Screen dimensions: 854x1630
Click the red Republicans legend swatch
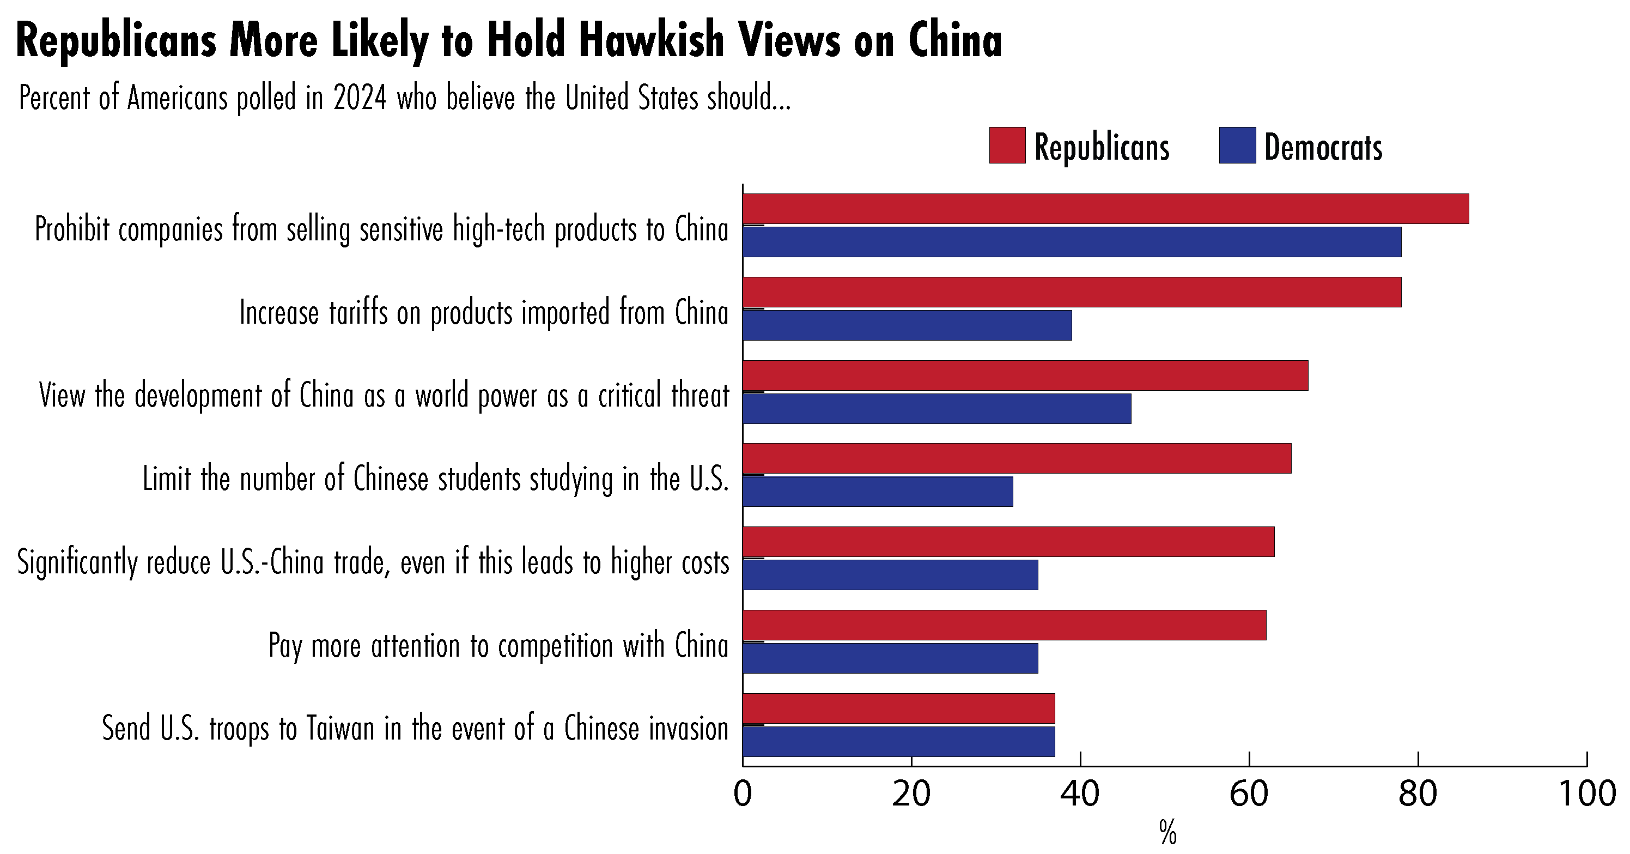pyautogui.click(x=1007, y=146)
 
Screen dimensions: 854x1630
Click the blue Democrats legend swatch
pyautogui.click(x=1237, y=146)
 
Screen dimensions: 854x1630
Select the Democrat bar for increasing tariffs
pyautogui.click(x=907, y=325)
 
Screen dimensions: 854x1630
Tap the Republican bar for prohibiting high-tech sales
pyautogui.click(x=1105, y=209)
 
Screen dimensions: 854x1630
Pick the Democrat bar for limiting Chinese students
pyautogui.click(x=877, y=491)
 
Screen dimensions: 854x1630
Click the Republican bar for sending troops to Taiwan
pyautogui.click(x=898, y=708)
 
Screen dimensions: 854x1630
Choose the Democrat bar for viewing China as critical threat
pyautogui.click(x=936, y=408)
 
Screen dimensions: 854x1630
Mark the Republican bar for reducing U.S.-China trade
pyautogui.click(x=1008, y=542)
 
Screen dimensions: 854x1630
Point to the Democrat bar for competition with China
pyautogui.click(x=890, y=658)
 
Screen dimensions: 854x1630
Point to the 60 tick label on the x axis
pyautogui.click(x=1249, y=794)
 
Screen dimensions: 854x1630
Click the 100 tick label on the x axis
pyautogui.click(x=1587, y=794)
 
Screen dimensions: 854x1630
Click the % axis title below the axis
pyautogui.click(x=1168, y=833)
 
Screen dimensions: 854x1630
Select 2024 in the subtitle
pyautogui.click(x=360, y=99)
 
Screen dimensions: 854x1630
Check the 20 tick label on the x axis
pyautogui.click(x=911, y=794)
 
